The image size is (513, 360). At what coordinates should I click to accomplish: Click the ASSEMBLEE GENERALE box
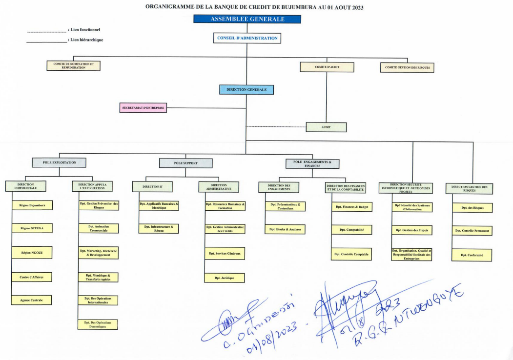coord(247,19)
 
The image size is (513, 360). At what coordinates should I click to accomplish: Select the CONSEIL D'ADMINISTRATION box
coord(247,38)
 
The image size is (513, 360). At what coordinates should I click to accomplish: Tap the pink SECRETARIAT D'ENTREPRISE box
coord(143,108)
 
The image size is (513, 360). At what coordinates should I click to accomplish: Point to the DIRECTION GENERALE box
coord(246,90)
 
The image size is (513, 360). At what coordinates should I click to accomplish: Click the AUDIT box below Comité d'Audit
coord(326,127)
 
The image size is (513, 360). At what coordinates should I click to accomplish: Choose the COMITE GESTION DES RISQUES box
coord(407,68)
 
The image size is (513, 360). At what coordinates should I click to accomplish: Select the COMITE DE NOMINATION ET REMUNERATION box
coord(74,66)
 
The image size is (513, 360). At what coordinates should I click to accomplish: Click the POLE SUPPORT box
coord(185,163)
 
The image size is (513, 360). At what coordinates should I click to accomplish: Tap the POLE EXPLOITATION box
coord(60,162)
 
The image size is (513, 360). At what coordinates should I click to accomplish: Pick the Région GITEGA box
coord(32,228)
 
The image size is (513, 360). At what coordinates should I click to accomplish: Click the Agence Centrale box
coord(32,300)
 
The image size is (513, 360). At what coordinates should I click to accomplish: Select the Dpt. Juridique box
coord(224,278)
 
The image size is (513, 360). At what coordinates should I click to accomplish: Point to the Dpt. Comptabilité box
coord(351,229)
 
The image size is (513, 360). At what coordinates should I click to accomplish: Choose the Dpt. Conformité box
coord(472,255)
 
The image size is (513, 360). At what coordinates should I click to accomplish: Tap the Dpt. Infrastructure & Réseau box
coord(159,228)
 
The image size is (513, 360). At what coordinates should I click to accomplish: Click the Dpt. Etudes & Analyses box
coord(285,229)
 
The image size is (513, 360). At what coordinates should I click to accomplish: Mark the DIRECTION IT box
coord(152,186)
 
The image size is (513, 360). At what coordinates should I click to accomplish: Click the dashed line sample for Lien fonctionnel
coord(46,32)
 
